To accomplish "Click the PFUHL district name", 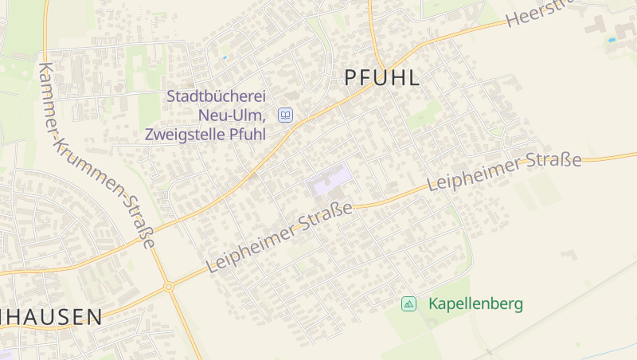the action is (x=381, y=78).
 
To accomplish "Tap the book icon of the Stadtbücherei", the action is (x=285, y=115).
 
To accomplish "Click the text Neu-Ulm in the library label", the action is (x=232, y=115).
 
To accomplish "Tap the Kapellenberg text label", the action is (x=475, y=303).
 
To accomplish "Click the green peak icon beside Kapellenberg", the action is (x=408, y=303).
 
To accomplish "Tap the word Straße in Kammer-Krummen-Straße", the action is (x=140, y=228).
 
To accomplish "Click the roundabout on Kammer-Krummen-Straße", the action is (x=168, y=287).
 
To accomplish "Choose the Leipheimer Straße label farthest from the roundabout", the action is (x=503, y=172).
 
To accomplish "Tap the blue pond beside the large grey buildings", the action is (x=612, y=39).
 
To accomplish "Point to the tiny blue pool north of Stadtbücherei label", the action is (x=225, y=57).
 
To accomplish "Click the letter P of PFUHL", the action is (x=350, y=78).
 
